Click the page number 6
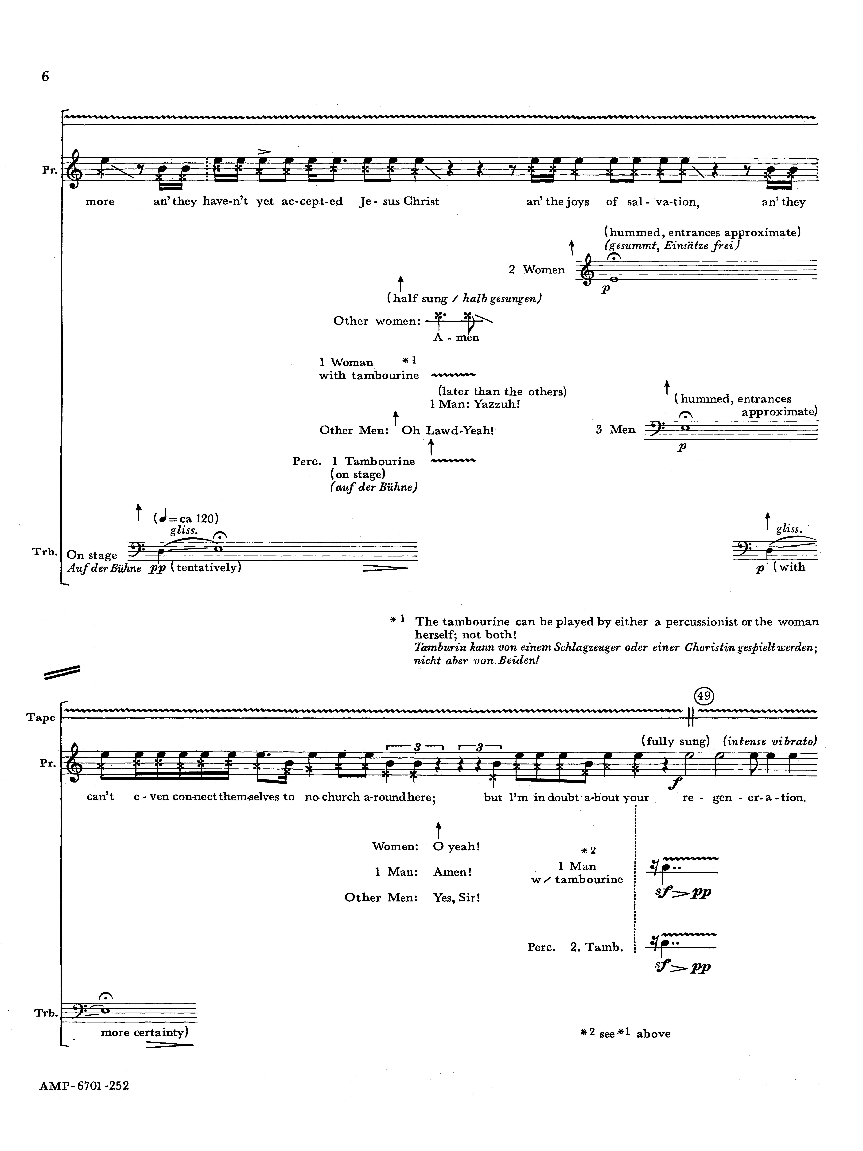[x=45, y=76]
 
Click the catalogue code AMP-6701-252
[x=84, y=1086]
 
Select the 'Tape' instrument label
[x=41, y=718]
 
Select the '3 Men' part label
[x=615, y=429]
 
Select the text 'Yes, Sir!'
[x=456, y=898]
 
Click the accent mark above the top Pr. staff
[x=264, y=152]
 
